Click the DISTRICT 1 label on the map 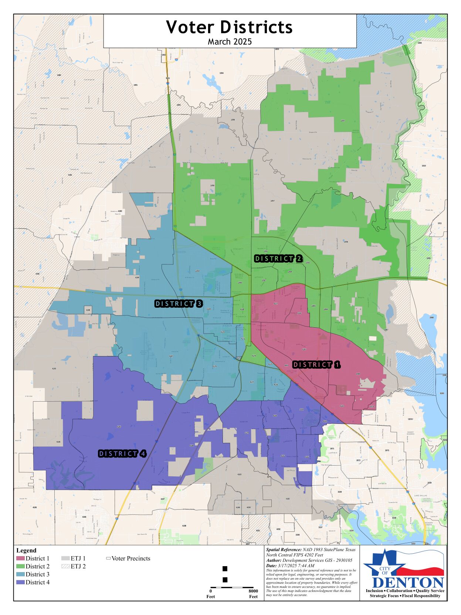coord(316,365)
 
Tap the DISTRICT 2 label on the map coord(278,258)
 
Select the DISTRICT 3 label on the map coord(179,304)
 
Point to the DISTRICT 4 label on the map coord(122,453)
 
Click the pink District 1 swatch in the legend coord(20,558)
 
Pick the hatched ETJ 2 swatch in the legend coord(65,566)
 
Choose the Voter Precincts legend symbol coord(108,558)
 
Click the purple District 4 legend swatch coord(20,582)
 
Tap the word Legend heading coord(26,550)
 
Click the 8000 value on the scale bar coord(253,591)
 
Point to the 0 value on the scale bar coord(211,591)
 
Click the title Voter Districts coord(229,27)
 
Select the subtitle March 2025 coord(230,41)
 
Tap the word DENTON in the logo coord(408,583)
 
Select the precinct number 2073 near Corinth coord(387,450)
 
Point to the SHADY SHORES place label coord(410,433)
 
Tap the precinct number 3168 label coord(340,492)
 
